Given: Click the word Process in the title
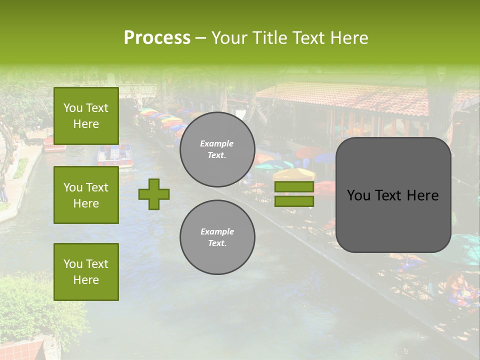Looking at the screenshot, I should [157, 38].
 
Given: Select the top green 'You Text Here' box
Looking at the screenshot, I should [86, 116].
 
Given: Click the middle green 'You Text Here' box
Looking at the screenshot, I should [86, 195].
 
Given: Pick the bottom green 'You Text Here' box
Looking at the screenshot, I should [86, 272].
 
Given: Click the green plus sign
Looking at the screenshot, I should [154, 194].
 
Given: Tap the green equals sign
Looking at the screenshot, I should [294, 194].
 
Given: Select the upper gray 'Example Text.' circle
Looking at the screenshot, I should [217, 149].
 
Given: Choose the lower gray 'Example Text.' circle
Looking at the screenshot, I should [217, 237].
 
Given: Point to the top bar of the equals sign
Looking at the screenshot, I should [294, 186].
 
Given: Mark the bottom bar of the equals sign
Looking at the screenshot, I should [294, 201].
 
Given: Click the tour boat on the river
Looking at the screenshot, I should [114, 155].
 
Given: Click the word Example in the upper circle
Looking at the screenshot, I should [217, 143].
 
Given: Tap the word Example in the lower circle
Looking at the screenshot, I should [217, 231].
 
